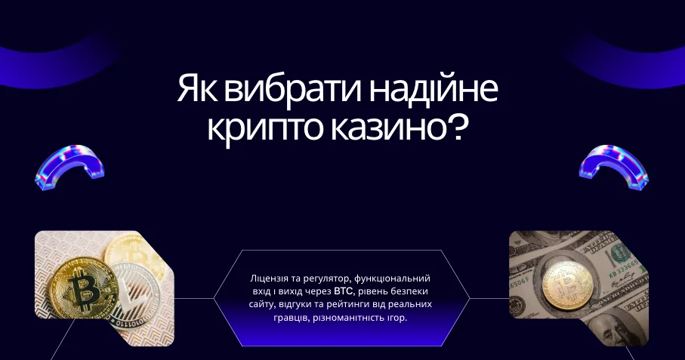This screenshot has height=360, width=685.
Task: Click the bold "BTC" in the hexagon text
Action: tap(344, 291)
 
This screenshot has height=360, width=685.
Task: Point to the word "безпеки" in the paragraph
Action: tap(413, 291)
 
